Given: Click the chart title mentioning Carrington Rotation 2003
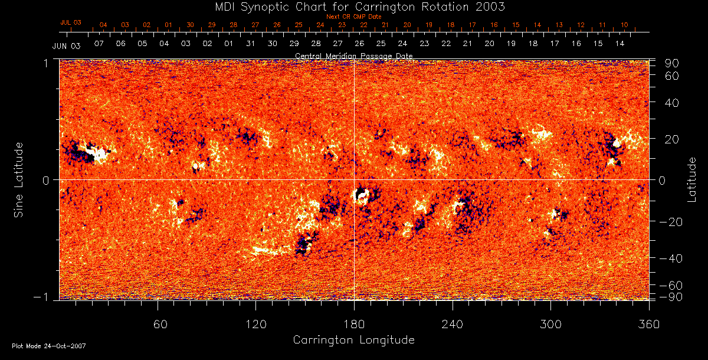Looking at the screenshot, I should (x=354, y=6).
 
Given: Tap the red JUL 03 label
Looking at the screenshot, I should (x=71, y=22).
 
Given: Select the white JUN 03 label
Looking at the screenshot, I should (x=66, y=45).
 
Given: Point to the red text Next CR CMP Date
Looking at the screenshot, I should (x=354, y=17).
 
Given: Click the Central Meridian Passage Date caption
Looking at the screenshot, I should (x=354, y=55).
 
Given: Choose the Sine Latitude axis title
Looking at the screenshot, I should (x=19, y=179).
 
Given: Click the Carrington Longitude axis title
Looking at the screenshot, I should (x=354, y=340).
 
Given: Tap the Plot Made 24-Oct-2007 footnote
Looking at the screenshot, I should (x=49, y=346).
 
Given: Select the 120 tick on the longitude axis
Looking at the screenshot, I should (x=256, y=324).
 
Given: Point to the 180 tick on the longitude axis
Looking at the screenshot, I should (x=354, y=324).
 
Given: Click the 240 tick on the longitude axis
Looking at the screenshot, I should (x=453, y=324).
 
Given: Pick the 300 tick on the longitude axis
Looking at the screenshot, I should (x=550, y=324).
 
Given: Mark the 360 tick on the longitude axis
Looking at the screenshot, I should (x=648, y=324).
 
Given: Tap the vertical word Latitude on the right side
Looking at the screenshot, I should (x=692, y=179).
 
